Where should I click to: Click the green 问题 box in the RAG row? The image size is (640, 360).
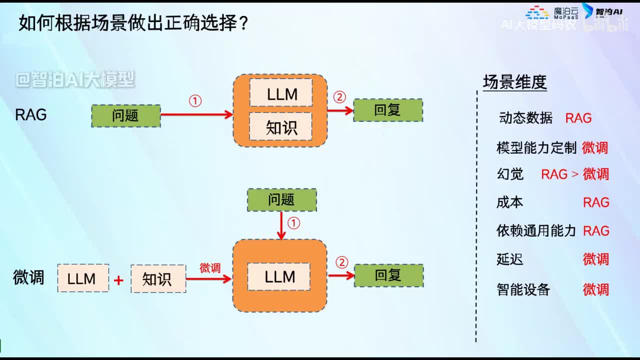tap(126, 116)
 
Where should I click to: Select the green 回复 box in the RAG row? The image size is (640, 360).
tap(388, 110)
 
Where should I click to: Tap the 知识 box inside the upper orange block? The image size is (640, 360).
tap(280, 127)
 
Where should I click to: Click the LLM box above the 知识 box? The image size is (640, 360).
tap(281, 93)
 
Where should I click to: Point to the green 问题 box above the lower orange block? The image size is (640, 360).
tap(282, 200)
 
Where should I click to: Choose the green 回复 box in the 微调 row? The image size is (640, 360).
tap(388, 275)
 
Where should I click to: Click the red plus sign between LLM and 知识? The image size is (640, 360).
tap(118, 280)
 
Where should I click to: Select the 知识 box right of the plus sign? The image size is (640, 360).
tap(158, 279)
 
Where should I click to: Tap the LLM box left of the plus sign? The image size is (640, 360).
tap(83, 279)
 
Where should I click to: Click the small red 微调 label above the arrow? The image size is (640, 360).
tap(210, 268)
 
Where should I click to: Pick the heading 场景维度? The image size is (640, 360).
tap(514, 82)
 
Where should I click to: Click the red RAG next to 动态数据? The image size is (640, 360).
tap(578, 118)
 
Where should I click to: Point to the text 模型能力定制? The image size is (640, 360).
tap(536, 148)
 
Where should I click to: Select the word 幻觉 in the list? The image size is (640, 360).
tap(510, 174)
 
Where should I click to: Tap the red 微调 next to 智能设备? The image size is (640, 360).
tap(595, 289)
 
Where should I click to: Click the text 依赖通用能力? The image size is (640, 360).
tap(536, 231)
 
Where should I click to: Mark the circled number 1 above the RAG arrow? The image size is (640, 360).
tap(195, 101)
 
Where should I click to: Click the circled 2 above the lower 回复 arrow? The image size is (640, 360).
tap(341, 262)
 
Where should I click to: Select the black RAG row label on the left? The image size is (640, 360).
tap(31, 115)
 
